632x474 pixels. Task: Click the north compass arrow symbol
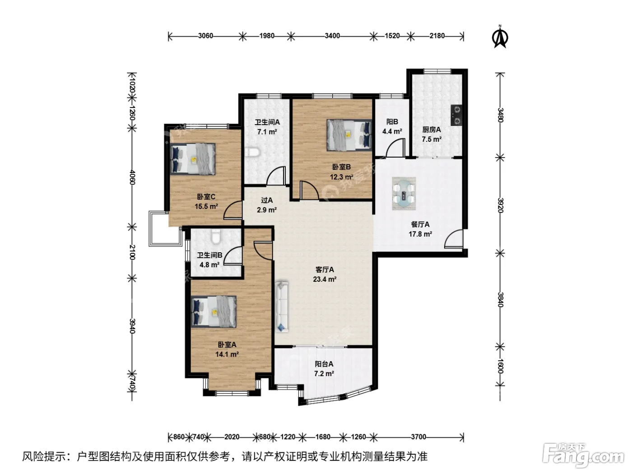[x=501, y=37]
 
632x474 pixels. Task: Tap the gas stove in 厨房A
[x=456, y=115]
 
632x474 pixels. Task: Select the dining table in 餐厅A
[x=404, y=193]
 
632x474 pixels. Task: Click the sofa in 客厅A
[x=282, y=307]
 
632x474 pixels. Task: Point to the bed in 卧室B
[x=349, y=135]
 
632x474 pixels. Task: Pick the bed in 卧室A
[x=214, y=311]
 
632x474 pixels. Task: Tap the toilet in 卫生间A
[x=253, y=152]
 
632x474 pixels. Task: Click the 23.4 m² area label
[x=325, y=279]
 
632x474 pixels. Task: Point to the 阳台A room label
[x=324, y=364]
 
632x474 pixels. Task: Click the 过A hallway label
[x=267, y=200]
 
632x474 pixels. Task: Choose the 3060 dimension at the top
[x=205, y=36]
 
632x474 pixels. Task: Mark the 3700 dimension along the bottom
[x=418, y=437]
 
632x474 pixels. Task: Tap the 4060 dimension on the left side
[x=132, y=177]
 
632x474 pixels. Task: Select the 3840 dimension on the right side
[x=501, y=300]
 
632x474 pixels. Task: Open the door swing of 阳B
[x=396, y=147]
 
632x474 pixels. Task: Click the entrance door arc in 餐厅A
[x=454, y=238]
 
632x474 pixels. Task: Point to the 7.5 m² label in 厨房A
[x=432, y=139]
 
